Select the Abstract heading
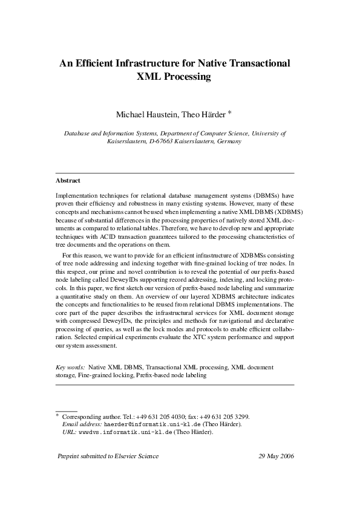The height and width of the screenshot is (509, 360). pyautogui.click(x=68, y=180)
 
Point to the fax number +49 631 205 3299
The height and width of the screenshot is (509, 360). pyautogui.click(x=232, y=417)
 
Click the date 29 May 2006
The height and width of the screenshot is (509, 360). pyautogui.click(x=276, y=456)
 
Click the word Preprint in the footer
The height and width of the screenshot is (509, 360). pyautogui.click(x=69, y=456)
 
